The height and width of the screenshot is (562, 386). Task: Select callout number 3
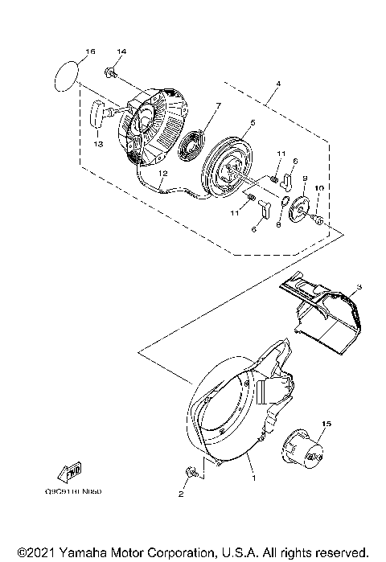pos(359,286)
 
